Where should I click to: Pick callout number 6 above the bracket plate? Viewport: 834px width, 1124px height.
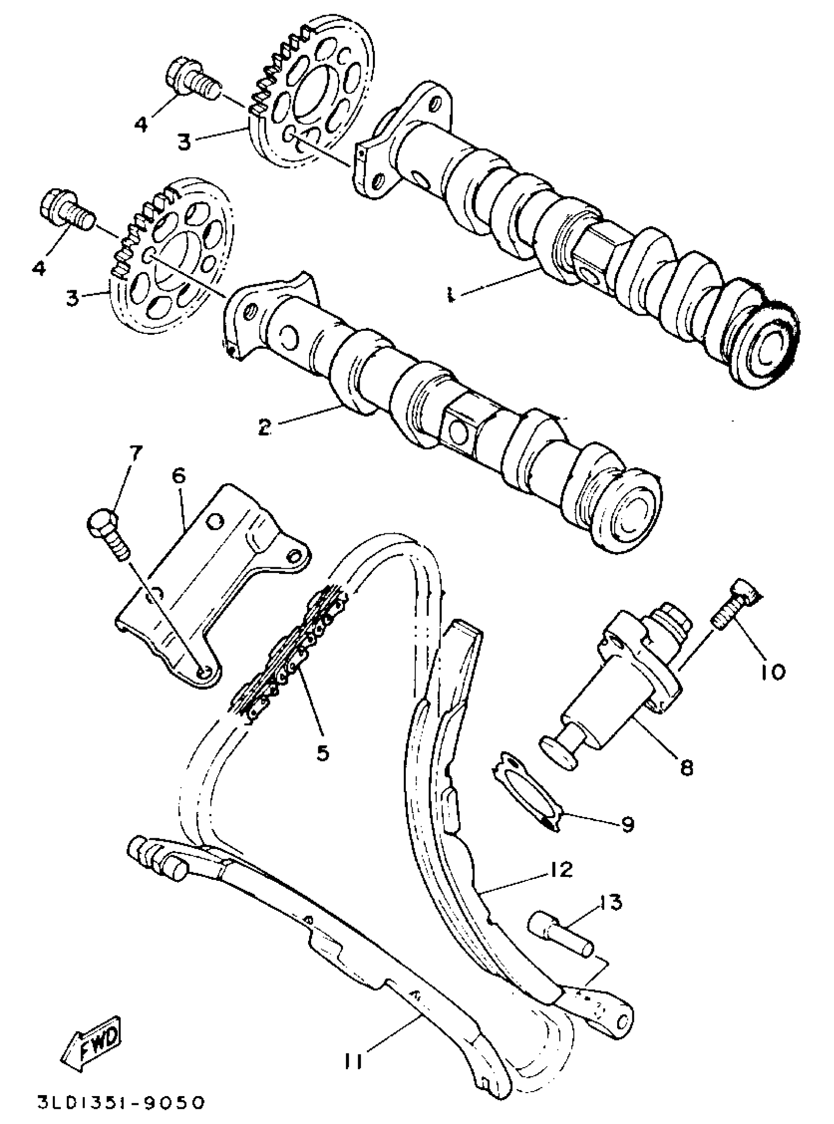pos(179,477)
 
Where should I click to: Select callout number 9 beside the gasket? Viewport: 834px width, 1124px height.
pos(628,824)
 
